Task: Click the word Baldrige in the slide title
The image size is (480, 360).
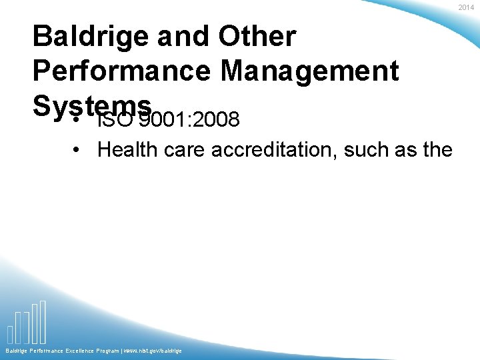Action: [x=89, y=36]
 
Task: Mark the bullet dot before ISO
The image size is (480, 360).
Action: [x=77, y=122]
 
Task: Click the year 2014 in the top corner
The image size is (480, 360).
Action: [x=466, y=7]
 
